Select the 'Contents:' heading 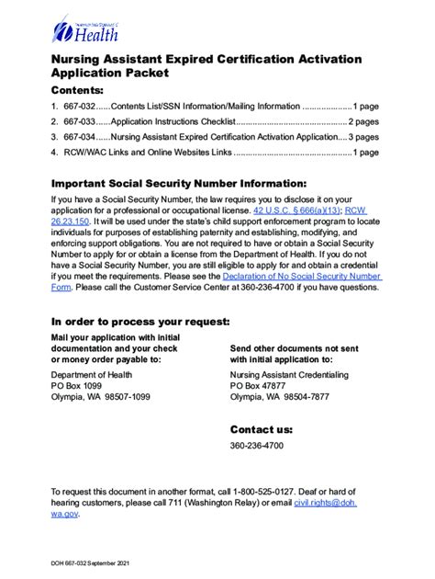78,91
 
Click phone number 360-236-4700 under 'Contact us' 257,446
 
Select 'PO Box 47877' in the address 260,386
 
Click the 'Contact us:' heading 262,429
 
